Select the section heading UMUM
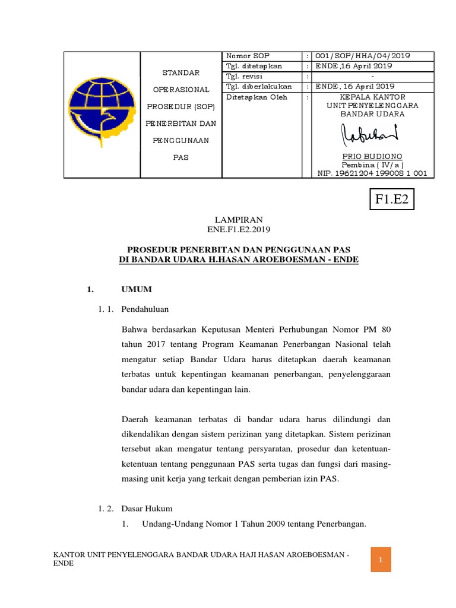point(137,289)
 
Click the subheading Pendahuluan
point(146,309)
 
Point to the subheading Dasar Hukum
point(147,508)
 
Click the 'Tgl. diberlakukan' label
point(258,86)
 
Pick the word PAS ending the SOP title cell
point(180,157)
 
